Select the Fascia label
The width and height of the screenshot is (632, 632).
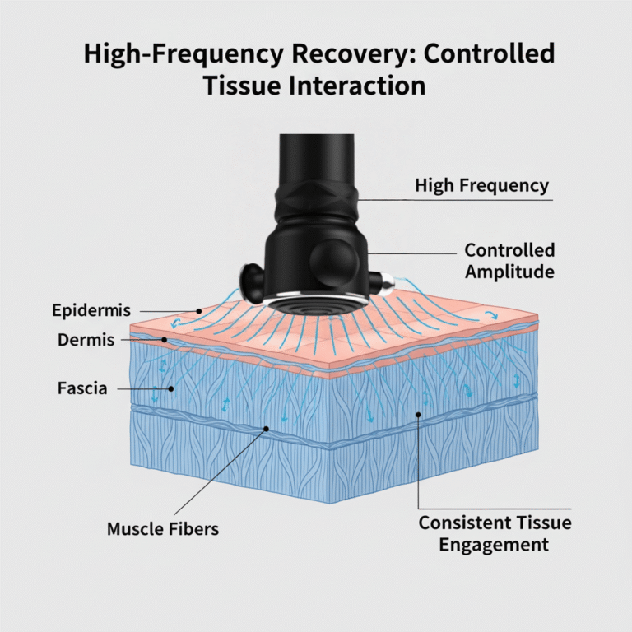coord(81,387)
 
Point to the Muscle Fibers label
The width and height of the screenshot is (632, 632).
coord(163,528)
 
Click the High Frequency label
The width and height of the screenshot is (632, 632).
coord(481,185)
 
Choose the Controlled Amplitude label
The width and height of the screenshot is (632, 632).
coord(509,260)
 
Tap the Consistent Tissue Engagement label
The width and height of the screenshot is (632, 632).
coord(495,533)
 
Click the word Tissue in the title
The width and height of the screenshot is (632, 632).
coord(244,85)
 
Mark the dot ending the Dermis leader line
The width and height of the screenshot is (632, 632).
coord(165,338)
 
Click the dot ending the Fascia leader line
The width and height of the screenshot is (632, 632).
coord(170,387)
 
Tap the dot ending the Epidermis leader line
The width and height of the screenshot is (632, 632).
coord(200,310)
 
